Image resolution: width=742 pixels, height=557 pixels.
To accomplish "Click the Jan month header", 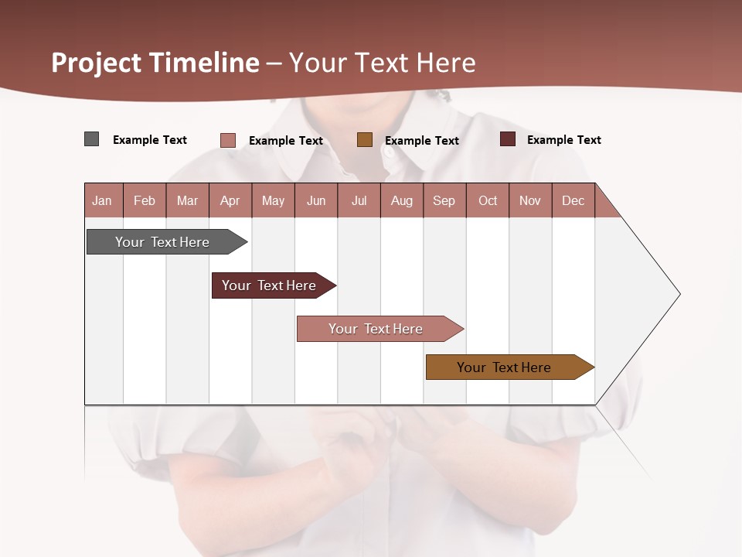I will [x=102, y=200].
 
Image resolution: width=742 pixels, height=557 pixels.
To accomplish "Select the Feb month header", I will [x=145, y=200].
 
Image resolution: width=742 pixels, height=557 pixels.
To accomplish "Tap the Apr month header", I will [x=230, y=200].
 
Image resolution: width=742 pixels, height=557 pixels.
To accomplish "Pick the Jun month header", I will [x=316, y=200].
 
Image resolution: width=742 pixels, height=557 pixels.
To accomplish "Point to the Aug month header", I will [x=401, y=200].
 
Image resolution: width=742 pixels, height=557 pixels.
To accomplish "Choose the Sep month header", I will [x=444, y=200].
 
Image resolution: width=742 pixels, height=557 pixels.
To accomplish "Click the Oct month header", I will [x=488, y=200].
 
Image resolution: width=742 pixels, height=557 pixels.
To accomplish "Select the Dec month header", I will [x=573, y=200].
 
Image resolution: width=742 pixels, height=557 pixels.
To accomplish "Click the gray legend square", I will [x=92, y=139].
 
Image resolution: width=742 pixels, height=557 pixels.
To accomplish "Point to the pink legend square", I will [x=228, y=140].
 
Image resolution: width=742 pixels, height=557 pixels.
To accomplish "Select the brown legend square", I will [x=365, y=140].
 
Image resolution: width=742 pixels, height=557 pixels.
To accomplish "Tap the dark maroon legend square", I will [x=508, y=139].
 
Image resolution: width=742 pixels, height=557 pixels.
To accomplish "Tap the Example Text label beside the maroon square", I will [x=563, y=140].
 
